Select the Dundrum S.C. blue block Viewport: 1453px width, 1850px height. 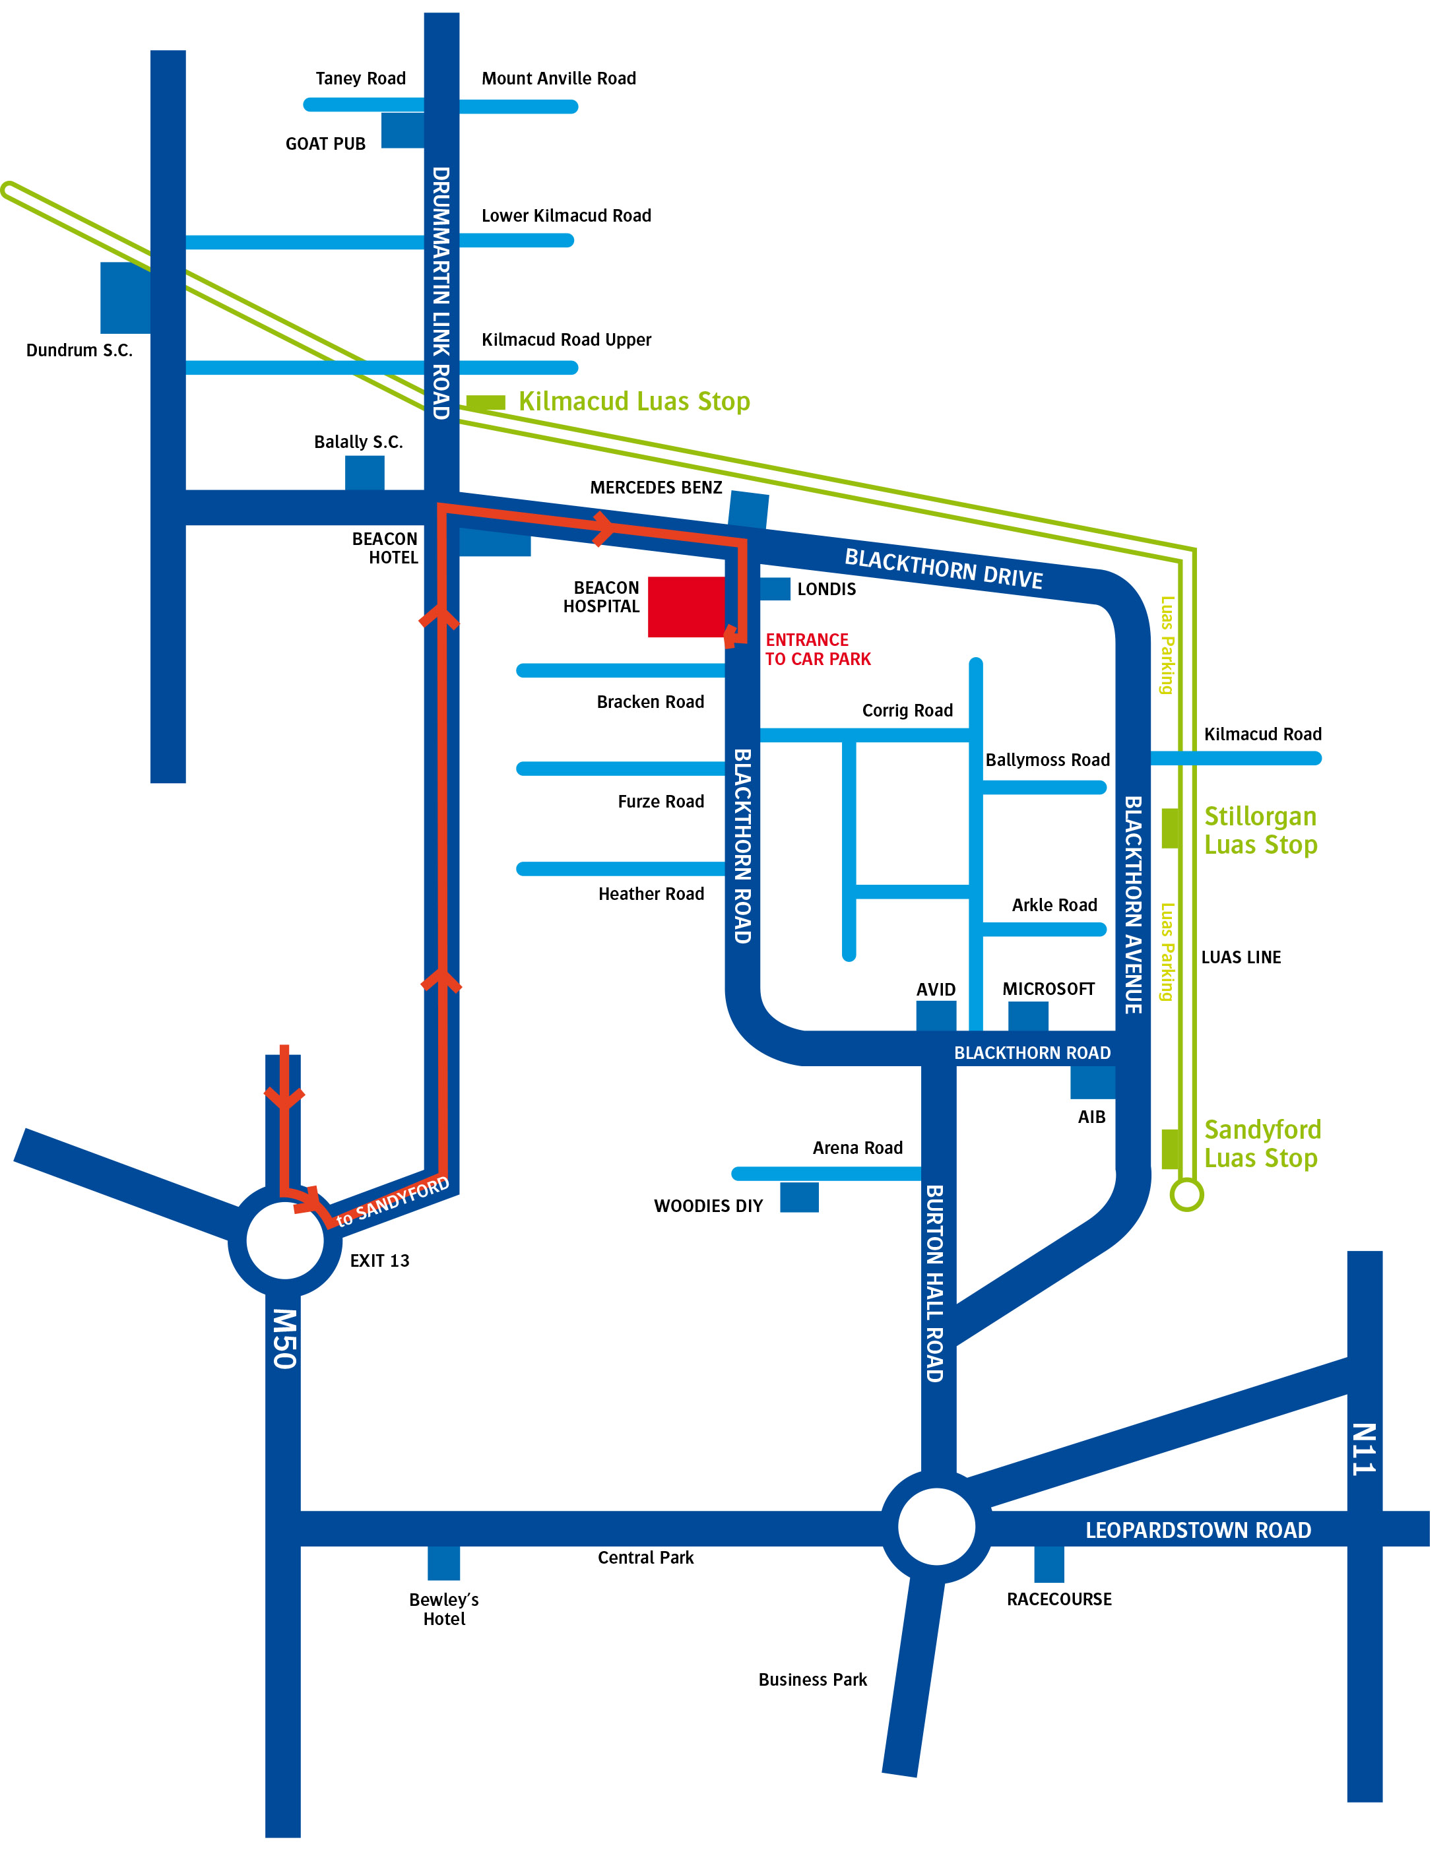pyautogui.click(x=125, y=297)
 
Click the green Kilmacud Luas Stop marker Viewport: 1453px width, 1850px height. pyautogui.click(x=486, y=402)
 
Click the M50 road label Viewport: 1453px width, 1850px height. pyautogui.click(x=284, y=1339)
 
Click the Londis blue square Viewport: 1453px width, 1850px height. pyautogui.click(x=774, y=589)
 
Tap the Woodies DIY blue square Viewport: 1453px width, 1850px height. pyautogui.click(x=799, y=1197)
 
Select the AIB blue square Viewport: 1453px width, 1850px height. pyautogui.click(x=1091, y=1082)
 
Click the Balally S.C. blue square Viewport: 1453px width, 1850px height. pyautogui.click(x=364, y=473)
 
